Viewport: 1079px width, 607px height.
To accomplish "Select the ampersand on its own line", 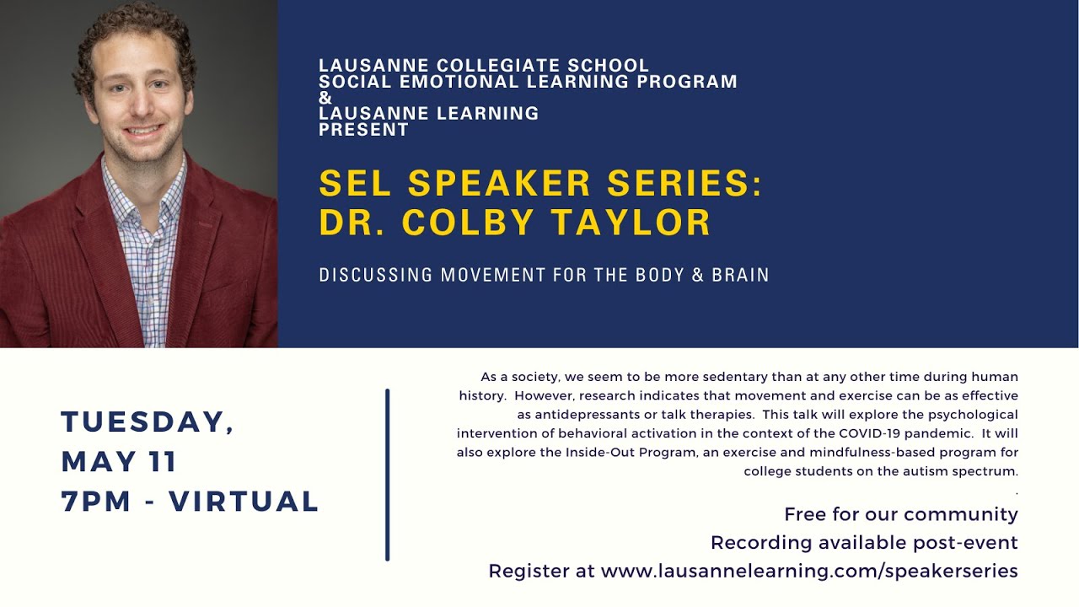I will tap(325, 98).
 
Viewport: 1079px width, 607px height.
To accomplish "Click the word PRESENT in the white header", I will tap(363, 130).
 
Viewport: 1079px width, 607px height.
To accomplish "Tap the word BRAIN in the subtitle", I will tap(741, 275).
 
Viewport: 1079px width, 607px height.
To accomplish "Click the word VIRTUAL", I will tap(244, 502).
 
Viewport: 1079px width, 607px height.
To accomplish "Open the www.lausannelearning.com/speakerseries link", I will tap(809, 571).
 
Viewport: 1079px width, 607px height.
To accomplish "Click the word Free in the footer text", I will tap(805, 514).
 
